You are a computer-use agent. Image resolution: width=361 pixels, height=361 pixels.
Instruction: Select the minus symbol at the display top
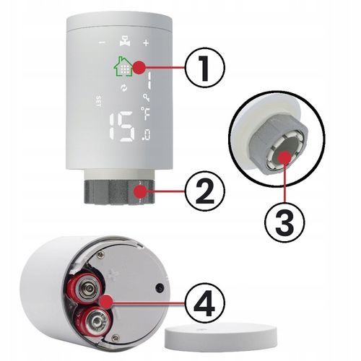[x=103, y=41]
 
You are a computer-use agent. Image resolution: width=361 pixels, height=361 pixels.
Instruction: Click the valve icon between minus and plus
[x=124, y=41]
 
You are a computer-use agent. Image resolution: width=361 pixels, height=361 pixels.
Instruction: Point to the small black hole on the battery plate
[x=157, y=287]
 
